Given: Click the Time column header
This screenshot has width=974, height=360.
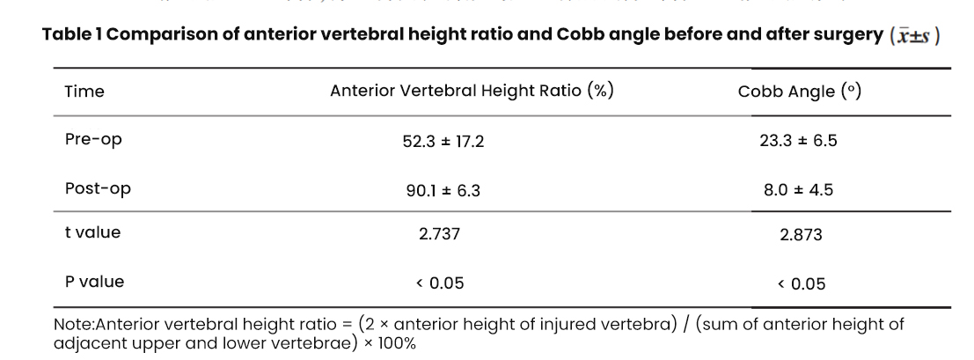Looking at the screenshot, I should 84,92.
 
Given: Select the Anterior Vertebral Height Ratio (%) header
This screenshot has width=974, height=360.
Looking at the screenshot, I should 472,92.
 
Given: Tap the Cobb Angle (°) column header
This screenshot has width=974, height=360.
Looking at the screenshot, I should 799,92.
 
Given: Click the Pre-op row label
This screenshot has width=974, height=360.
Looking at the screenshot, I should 93,140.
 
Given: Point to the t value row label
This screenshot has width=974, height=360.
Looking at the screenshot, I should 92,233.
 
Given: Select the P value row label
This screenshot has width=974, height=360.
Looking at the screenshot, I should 94,283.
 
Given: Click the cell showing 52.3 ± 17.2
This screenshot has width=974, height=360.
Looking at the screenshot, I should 443,142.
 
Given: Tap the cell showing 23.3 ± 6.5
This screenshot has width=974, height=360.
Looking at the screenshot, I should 798,141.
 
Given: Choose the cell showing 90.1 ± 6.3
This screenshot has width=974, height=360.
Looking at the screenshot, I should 443,189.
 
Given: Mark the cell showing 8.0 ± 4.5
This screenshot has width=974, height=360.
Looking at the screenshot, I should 798,188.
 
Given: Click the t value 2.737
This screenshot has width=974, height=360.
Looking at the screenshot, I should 443,235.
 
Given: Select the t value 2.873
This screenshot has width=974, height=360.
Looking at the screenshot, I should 798,236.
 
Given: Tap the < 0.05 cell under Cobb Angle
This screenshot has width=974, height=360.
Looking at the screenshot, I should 797,283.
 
